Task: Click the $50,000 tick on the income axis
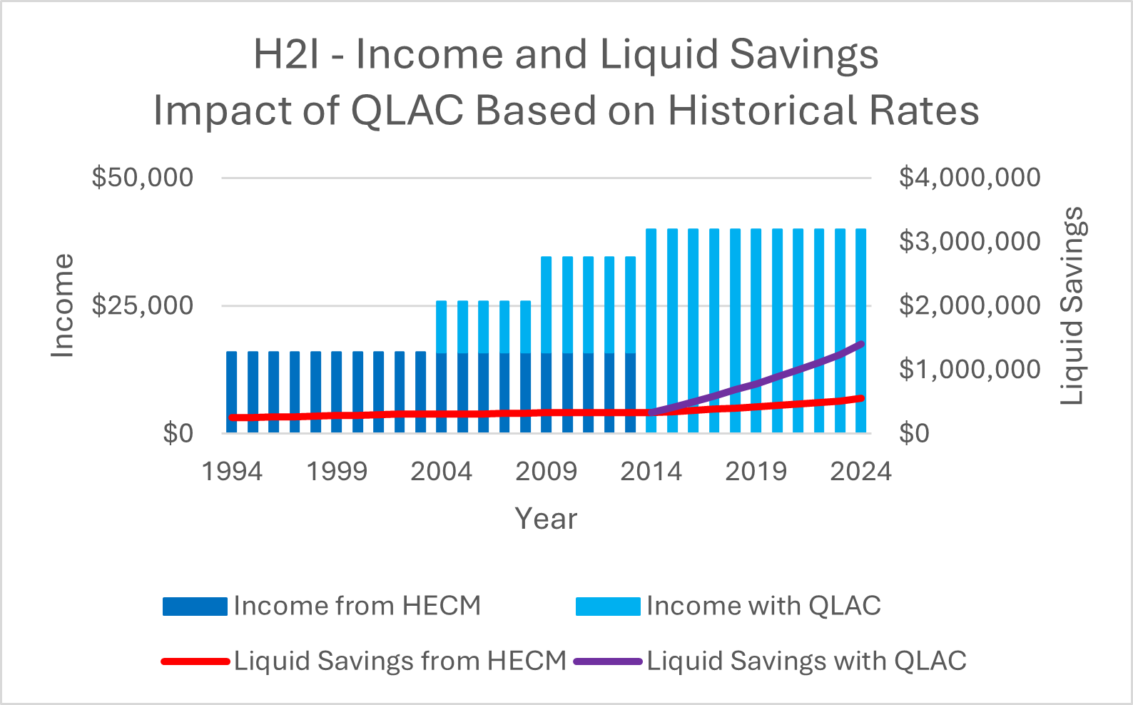(142, 177)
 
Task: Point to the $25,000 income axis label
(142, 305)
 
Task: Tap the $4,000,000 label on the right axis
(969, 177)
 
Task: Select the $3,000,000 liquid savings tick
(969, 241)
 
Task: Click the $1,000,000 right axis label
(969, 369)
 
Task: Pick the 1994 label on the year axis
(232, 472)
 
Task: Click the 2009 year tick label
(546, 472)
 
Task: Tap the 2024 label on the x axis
(860, 472)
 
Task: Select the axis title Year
(546, 519)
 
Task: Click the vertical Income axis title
(63, 305)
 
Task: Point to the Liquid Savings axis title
(1072, 305)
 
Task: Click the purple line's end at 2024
(861, 344)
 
